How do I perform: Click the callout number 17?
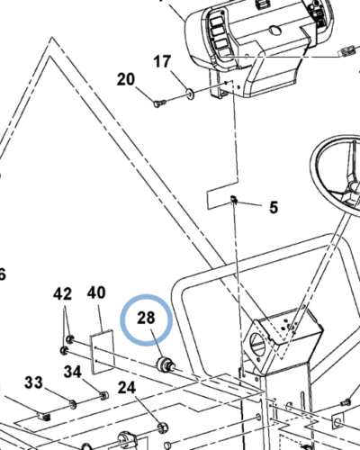(162, 61)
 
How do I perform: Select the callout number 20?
(126, 79)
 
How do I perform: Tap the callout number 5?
(274, 207)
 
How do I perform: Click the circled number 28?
(146, 318)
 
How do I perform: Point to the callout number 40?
(96, 292)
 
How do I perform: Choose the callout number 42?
(62, 294)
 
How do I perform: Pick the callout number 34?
(73, 372)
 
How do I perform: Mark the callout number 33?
(33, 383)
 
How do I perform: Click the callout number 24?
(127, 388)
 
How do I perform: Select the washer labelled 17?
(190, 94)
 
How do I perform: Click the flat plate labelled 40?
(102, 352)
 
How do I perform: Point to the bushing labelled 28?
(165, 364)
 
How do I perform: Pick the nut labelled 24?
(162, 427)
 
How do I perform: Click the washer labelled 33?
(73, 404)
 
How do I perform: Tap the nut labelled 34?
(103, 396)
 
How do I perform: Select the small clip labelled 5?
(234, 200)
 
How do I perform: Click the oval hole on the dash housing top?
(274, 30)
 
